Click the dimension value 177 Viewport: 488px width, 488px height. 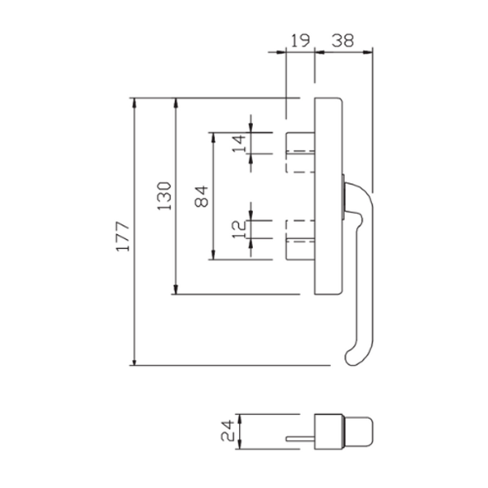click(x=123, y=236)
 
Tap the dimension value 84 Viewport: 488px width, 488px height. click(x=203, y=195)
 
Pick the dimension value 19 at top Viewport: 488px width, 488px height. click(x=300, y=39)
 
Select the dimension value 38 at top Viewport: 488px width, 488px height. click(x=343, y=39)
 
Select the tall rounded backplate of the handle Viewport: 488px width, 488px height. click(x=328, y=195)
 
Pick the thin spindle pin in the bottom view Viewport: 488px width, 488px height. click(x=299, y=439)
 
